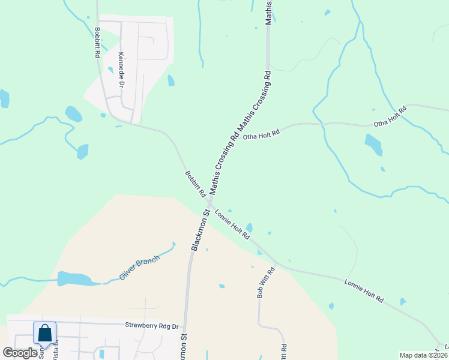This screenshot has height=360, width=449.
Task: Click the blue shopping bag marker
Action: click(x=45, y=333)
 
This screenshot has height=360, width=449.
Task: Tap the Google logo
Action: click(x=20, y=353)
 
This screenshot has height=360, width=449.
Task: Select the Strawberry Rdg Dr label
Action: click(x=152, y=326)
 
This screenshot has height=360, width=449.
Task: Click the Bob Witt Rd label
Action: click(x=265, y=283)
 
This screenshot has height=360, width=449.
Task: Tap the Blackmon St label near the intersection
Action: click(x=200, y=230)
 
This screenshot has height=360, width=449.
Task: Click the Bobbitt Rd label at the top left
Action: click(x=97, y=42)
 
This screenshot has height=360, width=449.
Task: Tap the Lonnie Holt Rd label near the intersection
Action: click(x=232, y=224)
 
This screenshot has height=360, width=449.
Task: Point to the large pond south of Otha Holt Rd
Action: click(x=373, y=144)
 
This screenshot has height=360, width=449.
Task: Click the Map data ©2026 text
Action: click(x=423, y=355)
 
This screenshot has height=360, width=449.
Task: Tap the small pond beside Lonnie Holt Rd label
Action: click(x=249, y=227)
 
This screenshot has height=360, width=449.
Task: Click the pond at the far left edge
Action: click(x=4, y=98)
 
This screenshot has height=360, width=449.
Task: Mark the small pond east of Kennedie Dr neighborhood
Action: click(x=171, y=80)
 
